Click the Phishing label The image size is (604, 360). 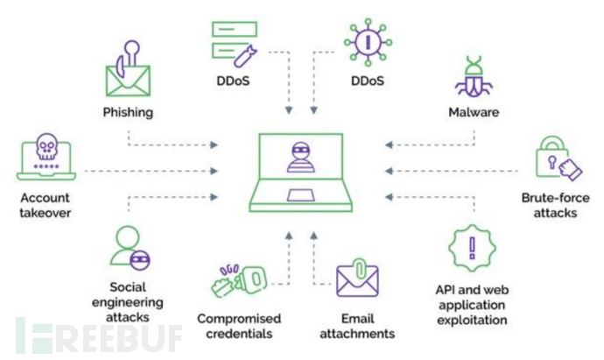[x=127, y=112]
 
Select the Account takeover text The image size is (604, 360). [x=46, y=206]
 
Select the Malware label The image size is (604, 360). [x=473, y=112]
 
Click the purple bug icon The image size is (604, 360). [x=473, y=75]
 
